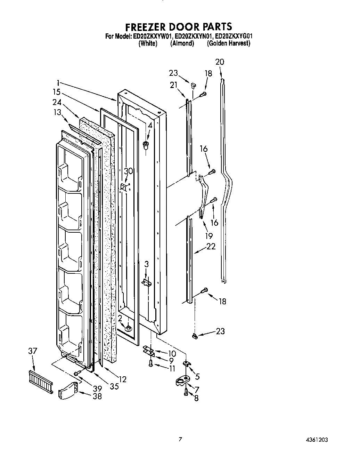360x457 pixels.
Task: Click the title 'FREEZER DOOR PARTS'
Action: pyautogui.click(x=179, y=26)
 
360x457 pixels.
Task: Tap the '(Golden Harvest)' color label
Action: pyautogui.click(x=229, y=43)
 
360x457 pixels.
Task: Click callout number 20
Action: pyautogui.click(x=220, y=62)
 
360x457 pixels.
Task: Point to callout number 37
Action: pyautogui.click(x=32, y=352)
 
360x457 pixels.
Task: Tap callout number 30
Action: pyautogui.click(x=129, y=171)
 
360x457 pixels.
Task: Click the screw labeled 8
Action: pyautogui.click(x=186, y=392)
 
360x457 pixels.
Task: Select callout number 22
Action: pyautogui.click(x=211, y=247)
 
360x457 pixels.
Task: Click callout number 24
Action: pyautogui.click(x=57, y=103)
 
